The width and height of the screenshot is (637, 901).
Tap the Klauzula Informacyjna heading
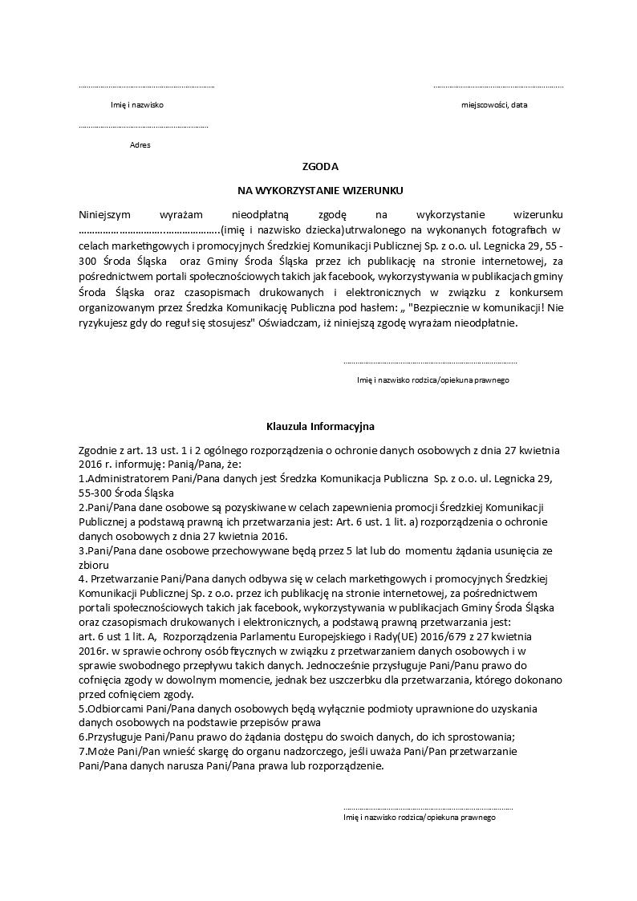click(320, 426)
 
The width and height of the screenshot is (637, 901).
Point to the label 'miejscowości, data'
click(494, 105)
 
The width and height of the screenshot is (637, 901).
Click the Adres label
click(140, 145)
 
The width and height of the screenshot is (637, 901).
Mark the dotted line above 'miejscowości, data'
click(498, 87)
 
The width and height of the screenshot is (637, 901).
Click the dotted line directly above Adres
click(144, 127)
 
